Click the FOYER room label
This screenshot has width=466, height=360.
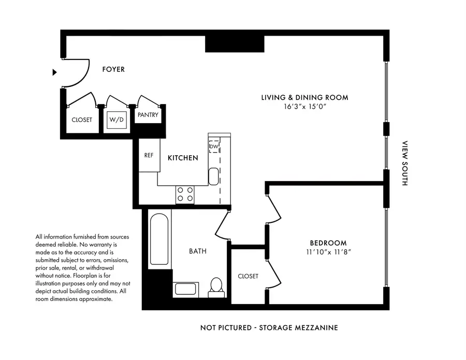pos(113,69)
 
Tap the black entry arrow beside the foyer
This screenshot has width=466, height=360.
pos(54,72)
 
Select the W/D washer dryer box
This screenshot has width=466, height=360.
pos(116,120)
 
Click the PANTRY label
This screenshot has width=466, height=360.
pos(148,115)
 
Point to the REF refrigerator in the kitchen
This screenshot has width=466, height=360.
pos(149,155)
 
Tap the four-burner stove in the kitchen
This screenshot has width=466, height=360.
pos(185,194)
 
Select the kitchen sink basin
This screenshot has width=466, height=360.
pos(214,176)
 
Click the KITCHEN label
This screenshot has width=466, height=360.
pos(183,158)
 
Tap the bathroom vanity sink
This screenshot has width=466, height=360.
pos(185,290)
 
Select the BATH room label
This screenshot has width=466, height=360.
pos(197,251)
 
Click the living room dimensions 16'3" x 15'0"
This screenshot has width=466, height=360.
pos(305,107)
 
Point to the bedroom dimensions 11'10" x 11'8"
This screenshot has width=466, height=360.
pos(328,252)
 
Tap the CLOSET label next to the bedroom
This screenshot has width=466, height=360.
pos(247,276)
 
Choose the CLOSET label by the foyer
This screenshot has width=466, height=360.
pos(82,120)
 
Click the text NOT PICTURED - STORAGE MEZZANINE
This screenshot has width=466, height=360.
pos(269,328)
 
